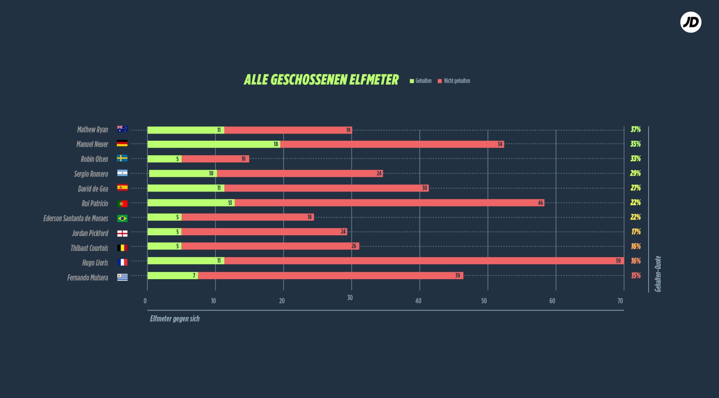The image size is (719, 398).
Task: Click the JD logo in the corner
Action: point(691,22)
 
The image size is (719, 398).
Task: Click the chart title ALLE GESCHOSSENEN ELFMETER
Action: point(321,80)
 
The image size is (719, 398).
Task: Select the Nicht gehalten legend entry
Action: point(454,81)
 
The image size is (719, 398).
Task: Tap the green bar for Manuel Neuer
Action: point(213,144)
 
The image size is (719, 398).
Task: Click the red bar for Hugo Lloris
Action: point(423,261)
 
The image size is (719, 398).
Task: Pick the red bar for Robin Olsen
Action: point(215,159)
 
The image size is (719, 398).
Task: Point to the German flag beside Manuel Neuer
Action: point(122,144)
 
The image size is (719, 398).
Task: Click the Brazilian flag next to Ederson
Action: point(122,218)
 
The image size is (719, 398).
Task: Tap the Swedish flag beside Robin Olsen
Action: point(122,158)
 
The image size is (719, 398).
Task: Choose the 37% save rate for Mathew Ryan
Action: point(635,129)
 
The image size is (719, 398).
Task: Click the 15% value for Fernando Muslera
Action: point(635,276)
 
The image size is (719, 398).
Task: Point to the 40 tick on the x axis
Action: point(418,301)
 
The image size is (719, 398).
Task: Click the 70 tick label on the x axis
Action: point(620,301)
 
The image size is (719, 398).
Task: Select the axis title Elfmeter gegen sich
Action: point(175,319)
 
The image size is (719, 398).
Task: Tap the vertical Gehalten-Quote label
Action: point(658,274)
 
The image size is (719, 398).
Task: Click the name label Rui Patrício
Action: point(95,203)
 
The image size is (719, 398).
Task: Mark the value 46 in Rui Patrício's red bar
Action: point(540,203)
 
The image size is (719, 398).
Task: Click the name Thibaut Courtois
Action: point(89,248)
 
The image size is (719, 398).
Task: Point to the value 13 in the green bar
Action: point(230,203)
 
